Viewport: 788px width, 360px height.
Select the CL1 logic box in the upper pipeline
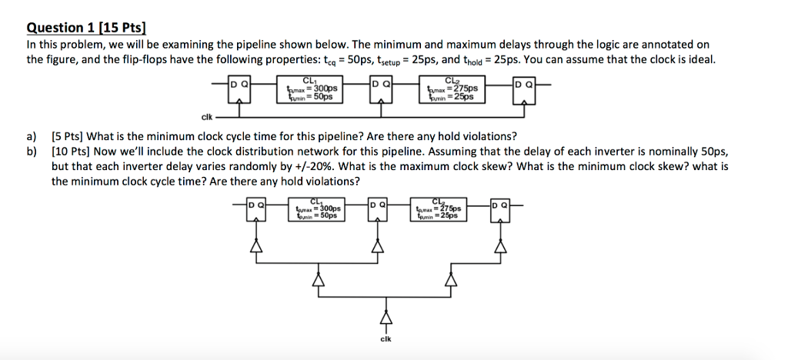[x=310, y=91]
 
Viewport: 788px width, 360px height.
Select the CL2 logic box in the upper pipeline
[x=452, y=91]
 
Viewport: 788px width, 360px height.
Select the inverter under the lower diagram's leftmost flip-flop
[x=255, y=245]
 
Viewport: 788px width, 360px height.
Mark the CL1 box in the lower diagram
[x=317, y=211]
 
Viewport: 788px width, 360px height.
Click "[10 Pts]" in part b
[x=70, y=152]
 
